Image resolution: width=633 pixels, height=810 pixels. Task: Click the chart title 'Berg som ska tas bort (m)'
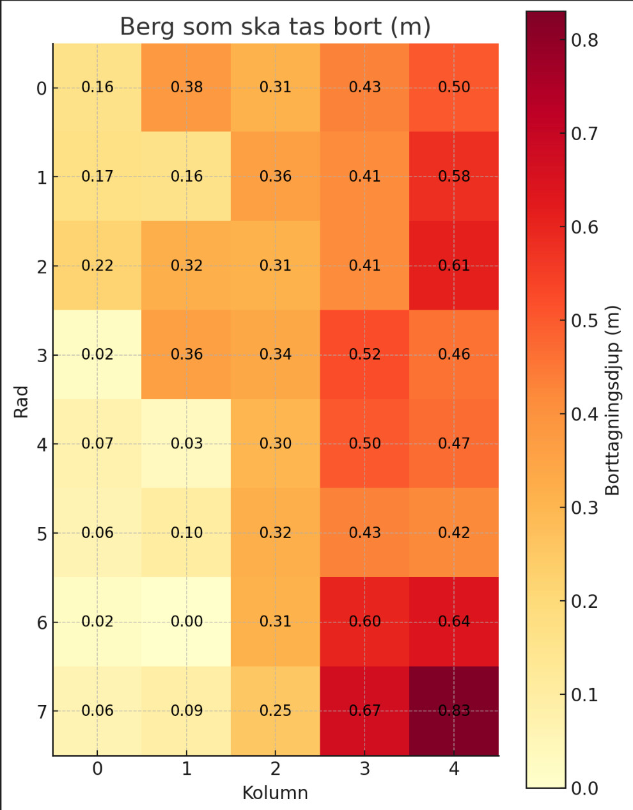point(275,27)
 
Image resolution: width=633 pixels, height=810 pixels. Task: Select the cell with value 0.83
point(454,711)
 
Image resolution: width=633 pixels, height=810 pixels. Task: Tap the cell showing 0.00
point(187,622)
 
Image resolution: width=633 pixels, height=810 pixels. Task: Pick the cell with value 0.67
point(364,711)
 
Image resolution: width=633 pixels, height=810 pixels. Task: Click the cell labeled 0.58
point(454,177)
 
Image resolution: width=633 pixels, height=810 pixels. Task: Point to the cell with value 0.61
point(454,266)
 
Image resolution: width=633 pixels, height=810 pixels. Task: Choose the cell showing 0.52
point(364,354)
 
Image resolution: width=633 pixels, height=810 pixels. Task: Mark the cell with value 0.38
point(187,88)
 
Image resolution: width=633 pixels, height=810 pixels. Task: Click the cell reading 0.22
point(97,266)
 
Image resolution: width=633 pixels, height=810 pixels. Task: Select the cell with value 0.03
point(187,443)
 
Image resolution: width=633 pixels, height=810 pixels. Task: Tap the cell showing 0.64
point(454,622)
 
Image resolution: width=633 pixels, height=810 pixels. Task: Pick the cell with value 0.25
point(276,711)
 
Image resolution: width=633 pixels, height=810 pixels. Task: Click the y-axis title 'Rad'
point(22,401)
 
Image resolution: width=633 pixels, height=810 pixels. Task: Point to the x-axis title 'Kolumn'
point(275,793)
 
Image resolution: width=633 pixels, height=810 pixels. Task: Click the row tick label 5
point(42,534)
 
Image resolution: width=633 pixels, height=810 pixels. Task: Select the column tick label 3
point(364,769)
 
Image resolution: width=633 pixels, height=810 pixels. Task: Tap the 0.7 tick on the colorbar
point(584,134)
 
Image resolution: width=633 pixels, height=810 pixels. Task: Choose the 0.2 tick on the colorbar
point(584,601)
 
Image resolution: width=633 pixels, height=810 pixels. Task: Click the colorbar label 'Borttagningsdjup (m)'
point(613,401)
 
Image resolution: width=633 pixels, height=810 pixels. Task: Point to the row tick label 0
point(42,89)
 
